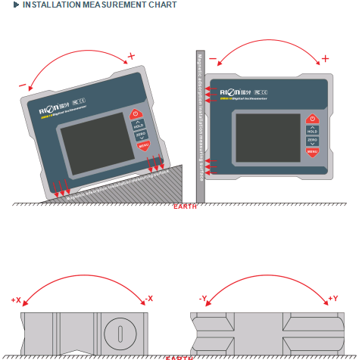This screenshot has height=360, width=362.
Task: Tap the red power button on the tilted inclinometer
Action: (x=137, y=113)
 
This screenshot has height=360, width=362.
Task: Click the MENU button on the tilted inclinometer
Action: (x=143, y=145)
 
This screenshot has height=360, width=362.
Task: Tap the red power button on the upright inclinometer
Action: (x=311, y=119)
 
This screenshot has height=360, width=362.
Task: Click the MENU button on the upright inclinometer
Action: (x=311, y=152)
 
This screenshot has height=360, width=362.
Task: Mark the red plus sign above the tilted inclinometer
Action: (x=131, y=56)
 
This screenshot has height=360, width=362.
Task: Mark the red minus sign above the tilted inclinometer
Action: (x=23, y=85)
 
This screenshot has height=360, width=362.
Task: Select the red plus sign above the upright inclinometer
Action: (x=325, y=58)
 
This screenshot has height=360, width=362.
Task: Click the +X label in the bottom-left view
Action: (x=16, y=300)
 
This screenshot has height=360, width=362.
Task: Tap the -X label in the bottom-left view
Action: (x=148, y=299)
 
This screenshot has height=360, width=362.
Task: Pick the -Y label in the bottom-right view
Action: (x=203, y=299)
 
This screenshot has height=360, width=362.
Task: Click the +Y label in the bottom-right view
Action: (x=332, y=299)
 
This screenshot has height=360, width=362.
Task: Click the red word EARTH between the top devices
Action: (x=185, y=206)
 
